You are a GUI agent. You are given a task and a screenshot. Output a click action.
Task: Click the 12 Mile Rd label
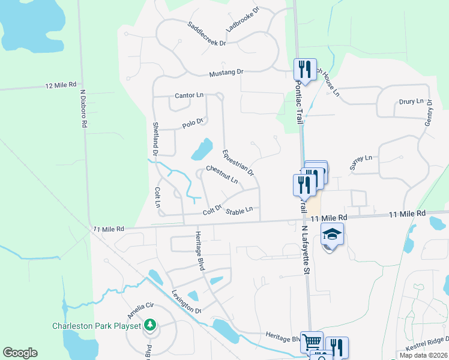click(61, 86)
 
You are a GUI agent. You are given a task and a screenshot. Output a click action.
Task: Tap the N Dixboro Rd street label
click(84, 108)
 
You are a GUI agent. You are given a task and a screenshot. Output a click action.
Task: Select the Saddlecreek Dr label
click(206, 34)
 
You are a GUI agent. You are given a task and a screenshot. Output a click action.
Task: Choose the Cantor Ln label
click(189, 95)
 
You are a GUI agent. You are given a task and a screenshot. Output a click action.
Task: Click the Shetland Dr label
click(155, 140)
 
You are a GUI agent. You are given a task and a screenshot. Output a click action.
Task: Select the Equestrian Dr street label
click(238, 163)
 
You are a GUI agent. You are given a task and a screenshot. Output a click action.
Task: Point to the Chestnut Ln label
click(222, 175)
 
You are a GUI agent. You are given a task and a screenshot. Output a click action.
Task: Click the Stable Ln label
click(239, 211)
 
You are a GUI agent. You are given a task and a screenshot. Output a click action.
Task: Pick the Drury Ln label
click(411, 101)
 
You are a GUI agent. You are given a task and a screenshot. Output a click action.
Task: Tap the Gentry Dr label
click(429, 113)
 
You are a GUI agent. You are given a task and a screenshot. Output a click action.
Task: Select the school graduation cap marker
click(332, 235)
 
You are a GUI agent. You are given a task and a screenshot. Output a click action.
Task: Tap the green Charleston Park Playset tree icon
click(149, 326)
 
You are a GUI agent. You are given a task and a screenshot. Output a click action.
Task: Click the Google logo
click(20, 353)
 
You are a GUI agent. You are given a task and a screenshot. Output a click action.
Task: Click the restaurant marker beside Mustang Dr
click(305, 69)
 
